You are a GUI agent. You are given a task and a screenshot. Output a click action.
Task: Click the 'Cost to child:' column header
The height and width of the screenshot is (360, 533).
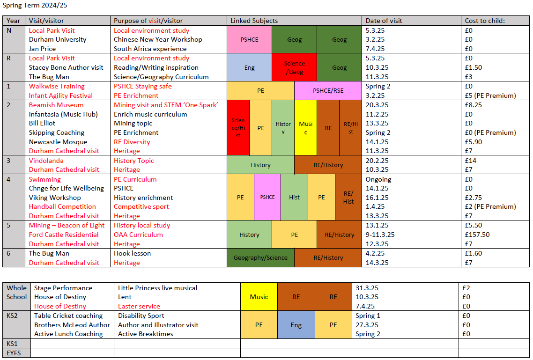485,21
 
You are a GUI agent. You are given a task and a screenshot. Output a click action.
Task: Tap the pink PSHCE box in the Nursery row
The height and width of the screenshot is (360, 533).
249,40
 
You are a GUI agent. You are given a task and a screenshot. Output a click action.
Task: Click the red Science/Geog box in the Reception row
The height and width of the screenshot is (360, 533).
294,67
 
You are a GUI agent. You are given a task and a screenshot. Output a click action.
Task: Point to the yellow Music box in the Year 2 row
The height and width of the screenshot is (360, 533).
305,128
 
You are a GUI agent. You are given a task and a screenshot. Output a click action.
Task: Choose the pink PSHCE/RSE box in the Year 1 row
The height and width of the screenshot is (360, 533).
328,90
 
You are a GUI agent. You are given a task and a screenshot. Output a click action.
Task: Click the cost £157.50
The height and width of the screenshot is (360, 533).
475,235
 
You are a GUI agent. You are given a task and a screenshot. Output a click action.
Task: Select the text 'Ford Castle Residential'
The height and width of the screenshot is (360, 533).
64,235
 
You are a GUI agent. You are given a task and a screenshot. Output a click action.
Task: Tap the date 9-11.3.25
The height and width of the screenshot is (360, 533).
380,235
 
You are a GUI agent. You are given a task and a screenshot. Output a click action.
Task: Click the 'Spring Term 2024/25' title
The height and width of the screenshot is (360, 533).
31,6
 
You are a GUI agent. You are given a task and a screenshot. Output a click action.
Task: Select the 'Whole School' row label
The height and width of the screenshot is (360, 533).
17,293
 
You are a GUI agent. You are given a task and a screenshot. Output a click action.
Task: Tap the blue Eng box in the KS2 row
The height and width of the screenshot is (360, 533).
296,325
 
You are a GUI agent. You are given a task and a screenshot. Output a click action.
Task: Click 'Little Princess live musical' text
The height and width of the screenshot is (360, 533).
157,288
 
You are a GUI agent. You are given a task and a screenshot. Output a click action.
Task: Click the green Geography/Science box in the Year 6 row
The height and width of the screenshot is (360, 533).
260,257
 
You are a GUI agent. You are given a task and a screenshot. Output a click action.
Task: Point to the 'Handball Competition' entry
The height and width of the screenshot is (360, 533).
62,206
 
